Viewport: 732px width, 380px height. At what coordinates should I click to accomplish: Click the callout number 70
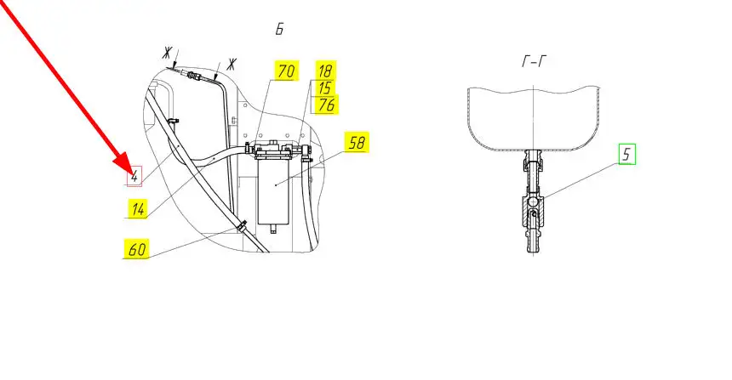(286, 71)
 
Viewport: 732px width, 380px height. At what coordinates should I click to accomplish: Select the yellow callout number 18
(325, 70)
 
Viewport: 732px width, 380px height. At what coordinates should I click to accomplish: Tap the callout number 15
(325, 88)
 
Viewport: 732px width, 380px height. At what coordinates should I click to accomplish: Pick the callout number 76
(327, 105)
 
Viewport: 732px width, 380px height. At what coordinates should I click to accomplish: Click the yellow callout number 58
(357, 142)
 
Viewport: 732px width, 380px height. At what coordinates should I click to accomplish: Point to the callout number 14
(138, 208)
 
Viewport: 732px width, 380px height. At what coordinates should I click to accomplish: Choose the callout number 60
(137, 248)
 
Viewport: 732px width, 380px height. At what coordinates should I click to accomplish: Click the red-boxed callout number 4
(134, 176)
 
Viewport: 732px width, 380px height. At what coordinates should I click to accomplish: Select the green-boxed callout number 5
(627, 155)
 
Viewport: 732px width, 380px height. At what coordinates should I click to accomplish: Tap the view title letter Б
(279, 29)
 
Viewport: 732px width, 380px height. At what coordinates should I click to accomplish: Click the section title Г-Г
(534, 61)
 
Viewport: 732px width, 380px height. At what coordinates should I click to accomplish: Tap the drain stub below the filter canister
(273, 229)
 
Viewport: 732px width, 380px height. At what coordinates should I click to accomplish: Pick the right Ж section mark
(231, 64)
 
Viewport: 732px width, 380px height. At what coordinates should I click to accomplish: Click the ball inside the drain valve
(533, 202)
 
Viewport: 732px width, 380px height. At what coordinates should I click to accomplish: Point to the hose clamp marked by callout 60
(242, 225)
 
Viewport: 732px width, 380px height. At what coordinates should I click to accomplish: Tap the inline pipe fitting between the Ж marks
(193, 75)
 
